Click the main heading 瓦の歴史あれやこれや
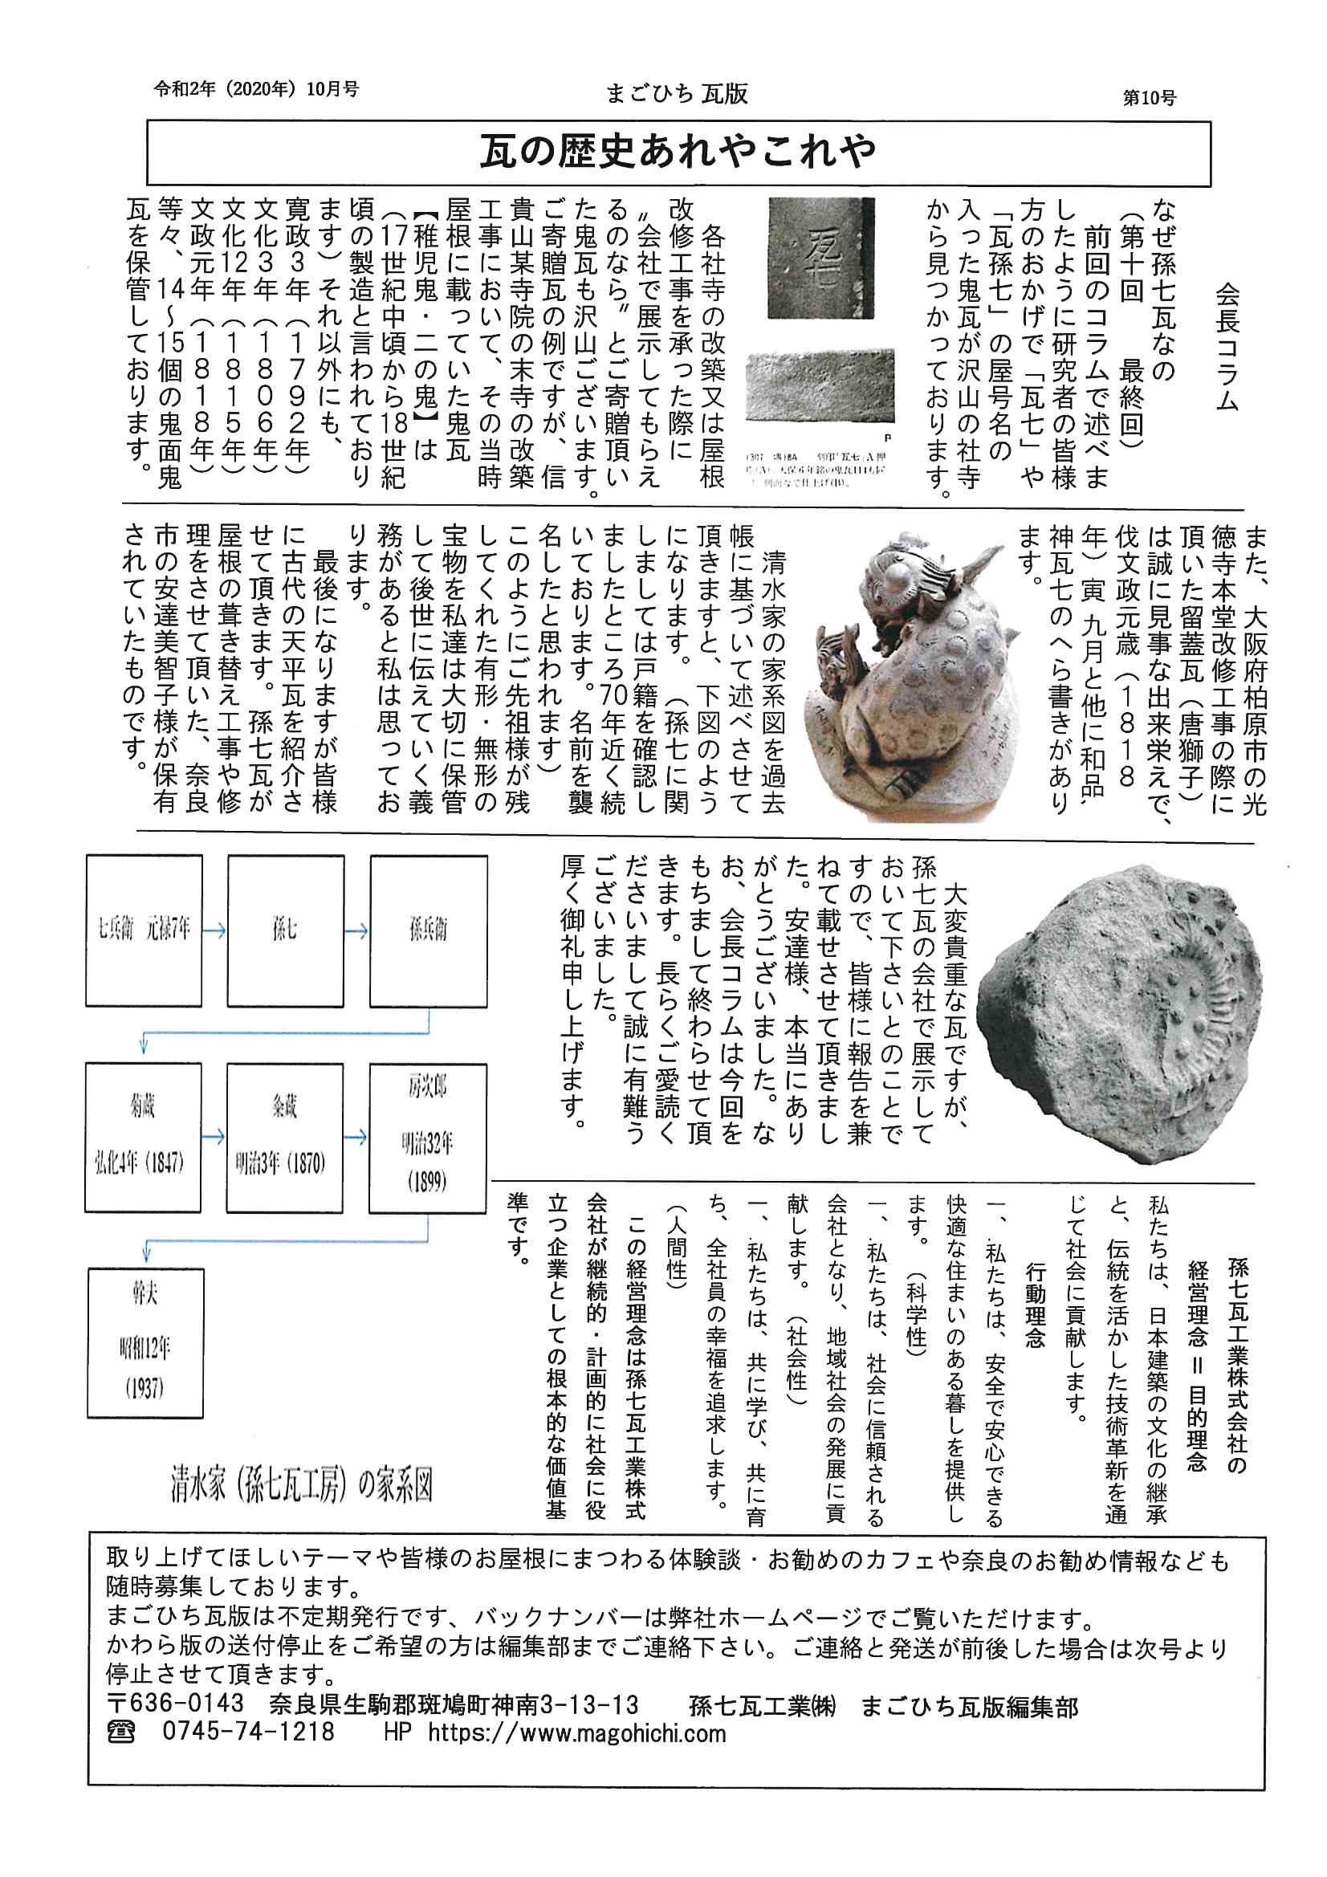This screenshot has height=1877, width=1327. click(678, 152)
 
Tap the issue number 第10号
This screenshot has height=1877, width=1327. click(1149, 98)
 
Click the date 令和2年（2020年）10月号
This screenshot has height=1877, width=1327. click(257, 89)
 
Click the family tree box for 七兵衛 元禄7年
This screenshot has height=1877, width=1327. click(144, 930)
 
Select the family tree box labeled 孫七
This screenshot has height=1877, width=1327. click(285, 930)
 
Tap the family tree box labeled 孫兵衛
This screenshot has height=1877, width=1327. click(428, 930)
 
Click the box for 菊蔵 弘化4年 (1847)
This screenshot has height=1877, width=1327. click(143, 1137)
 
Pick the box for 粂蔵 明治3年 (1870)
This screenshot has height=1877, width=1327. click(284, 1137)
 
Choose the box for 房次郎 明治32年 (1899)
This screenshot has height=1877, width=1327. click(428, 1137)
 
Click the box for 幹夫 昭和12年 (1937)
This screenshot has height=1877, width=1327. click(145, 1342)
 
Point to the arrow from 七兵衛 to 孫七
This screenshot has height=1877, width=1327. click(214, 930)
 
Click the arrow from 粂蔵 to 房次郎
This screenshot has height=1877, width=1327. click(356, 1137)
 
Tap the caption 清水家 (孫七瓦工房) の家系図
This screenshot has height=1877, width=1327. click(301, 1484)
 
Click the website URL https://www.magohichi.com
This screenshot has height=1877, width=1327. click(576, 1733)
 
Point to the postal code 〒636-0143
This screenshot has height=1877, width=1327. click(176, 1704)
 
